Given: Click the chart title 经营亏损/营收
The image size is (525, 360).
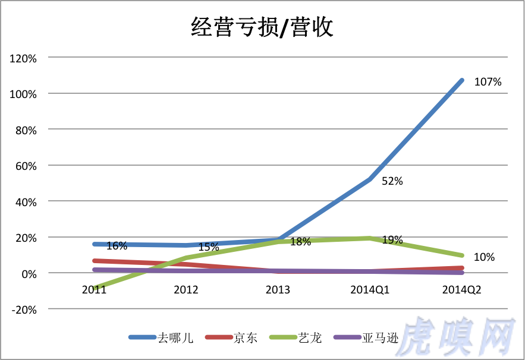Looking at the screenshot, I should point(262,27).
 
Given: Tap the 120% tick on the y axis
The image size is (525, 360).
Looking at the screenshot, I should point(23,58).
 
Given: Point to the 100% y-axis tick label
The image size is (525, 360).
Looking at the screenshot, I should point(23,94).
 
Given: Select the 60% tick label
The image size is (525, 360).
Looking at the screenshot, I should point(26,166).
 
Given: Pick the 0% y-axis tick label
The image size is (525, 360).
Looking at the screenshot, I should point(28,273).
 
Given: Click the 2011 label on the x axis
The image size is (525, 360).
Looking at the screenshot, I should point(94,289).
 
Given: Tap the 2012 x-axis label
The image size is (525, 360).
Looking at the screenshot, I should point(186,289).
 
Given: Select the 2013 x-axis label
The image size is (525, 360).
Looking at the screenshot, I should point(278,289).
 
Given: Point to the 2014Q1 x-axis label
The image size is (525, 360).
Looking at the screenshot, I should point(370,289).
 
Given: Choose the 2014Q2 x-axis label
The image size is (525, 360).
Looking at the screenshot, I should point(462,289).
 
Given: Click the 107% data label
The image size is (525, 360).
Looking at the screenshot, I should point(488,82).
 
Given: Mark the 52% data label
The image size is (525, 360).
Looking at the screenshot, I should point(392,181).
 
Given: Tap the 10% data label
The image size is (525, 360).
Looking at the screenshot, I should point(484,257).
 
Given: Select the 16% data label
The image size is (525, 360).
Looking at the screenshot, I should point(117,245).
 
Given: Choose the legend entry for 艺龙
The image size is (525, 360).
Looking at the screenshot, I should point(310,338).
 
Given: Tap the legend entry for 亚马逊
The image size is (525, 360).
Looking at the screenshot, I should point(378,338).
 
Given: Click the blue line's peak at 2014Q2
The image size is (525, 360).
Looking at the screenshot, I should point(461,80).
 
